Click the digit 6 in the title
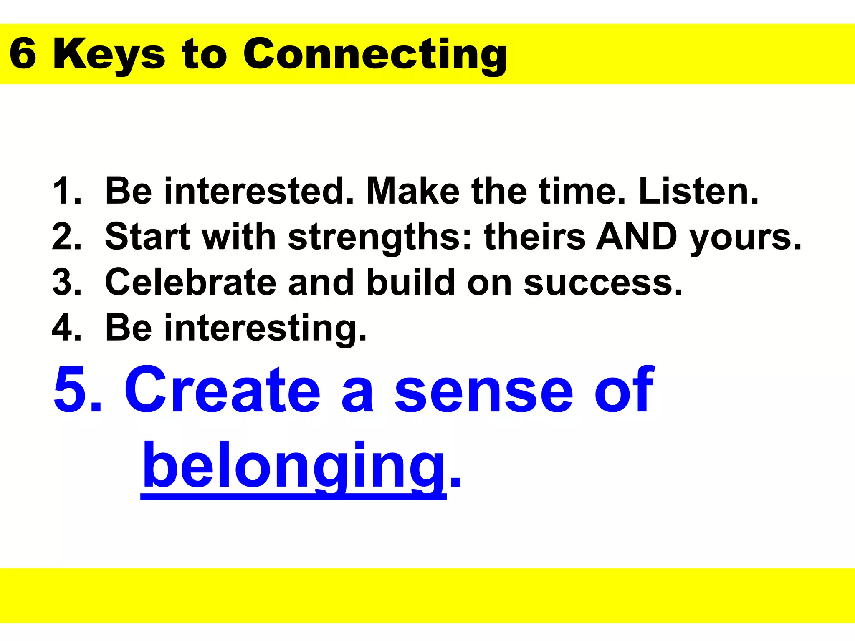coord(23,54)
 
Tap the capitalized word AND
coord(636,237)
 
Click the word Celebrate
coord(190,283)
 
